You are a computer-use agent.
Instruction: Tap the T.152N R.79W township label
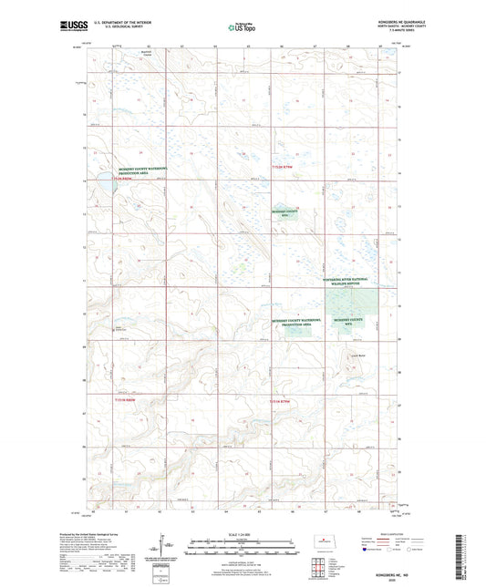282,168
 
